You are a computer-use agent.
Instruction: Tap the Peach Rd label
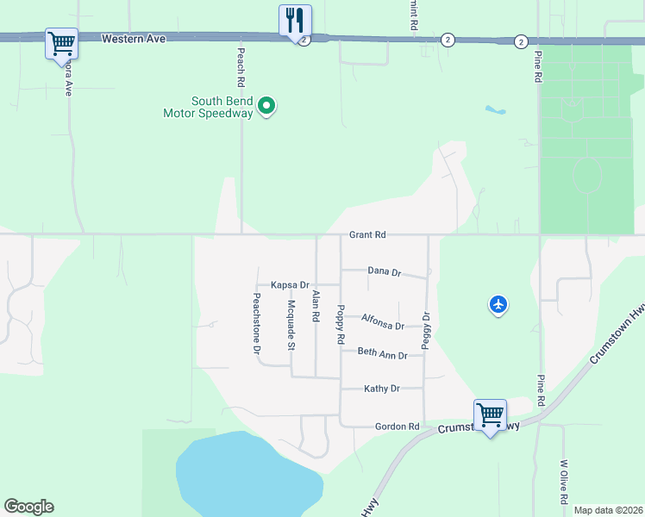click(241, 65)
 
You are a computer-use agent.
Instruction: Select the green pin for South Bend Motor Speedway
click(267, 107)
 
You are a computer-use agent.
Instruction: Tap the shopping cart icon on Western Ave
click(61, 42)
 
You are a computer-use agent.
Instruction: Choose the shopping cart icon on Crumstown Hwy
click(490, 414)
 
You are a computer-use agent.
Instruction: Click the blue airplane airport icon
click(498, 304)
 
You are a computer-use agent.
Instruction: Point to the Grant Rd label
click(367, 234)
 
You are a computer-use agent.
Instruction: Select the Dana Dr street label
click(385, 271)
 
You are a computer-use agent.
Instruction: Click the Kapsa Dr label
click(290, 284)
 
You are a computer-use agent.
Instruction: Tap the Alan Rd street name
click(316, 306)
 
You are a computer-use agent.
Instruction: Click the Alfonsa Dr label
click(383, 321)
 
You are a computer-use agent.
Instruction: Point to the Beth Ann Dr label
click(382, 353)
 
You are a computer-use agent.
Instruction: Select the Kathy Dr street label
click(382, 389)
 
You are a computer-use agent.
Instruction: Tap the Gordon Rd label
click(397, 427)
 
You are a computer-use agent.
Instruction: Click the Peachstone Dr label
click(256, 324)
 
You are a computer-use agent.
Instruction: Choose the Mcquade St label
click(291, 325)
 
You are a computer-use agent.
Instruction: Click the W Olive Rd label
click(563, 482)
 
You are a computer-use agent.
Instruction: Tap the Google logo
click(28, 507)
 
